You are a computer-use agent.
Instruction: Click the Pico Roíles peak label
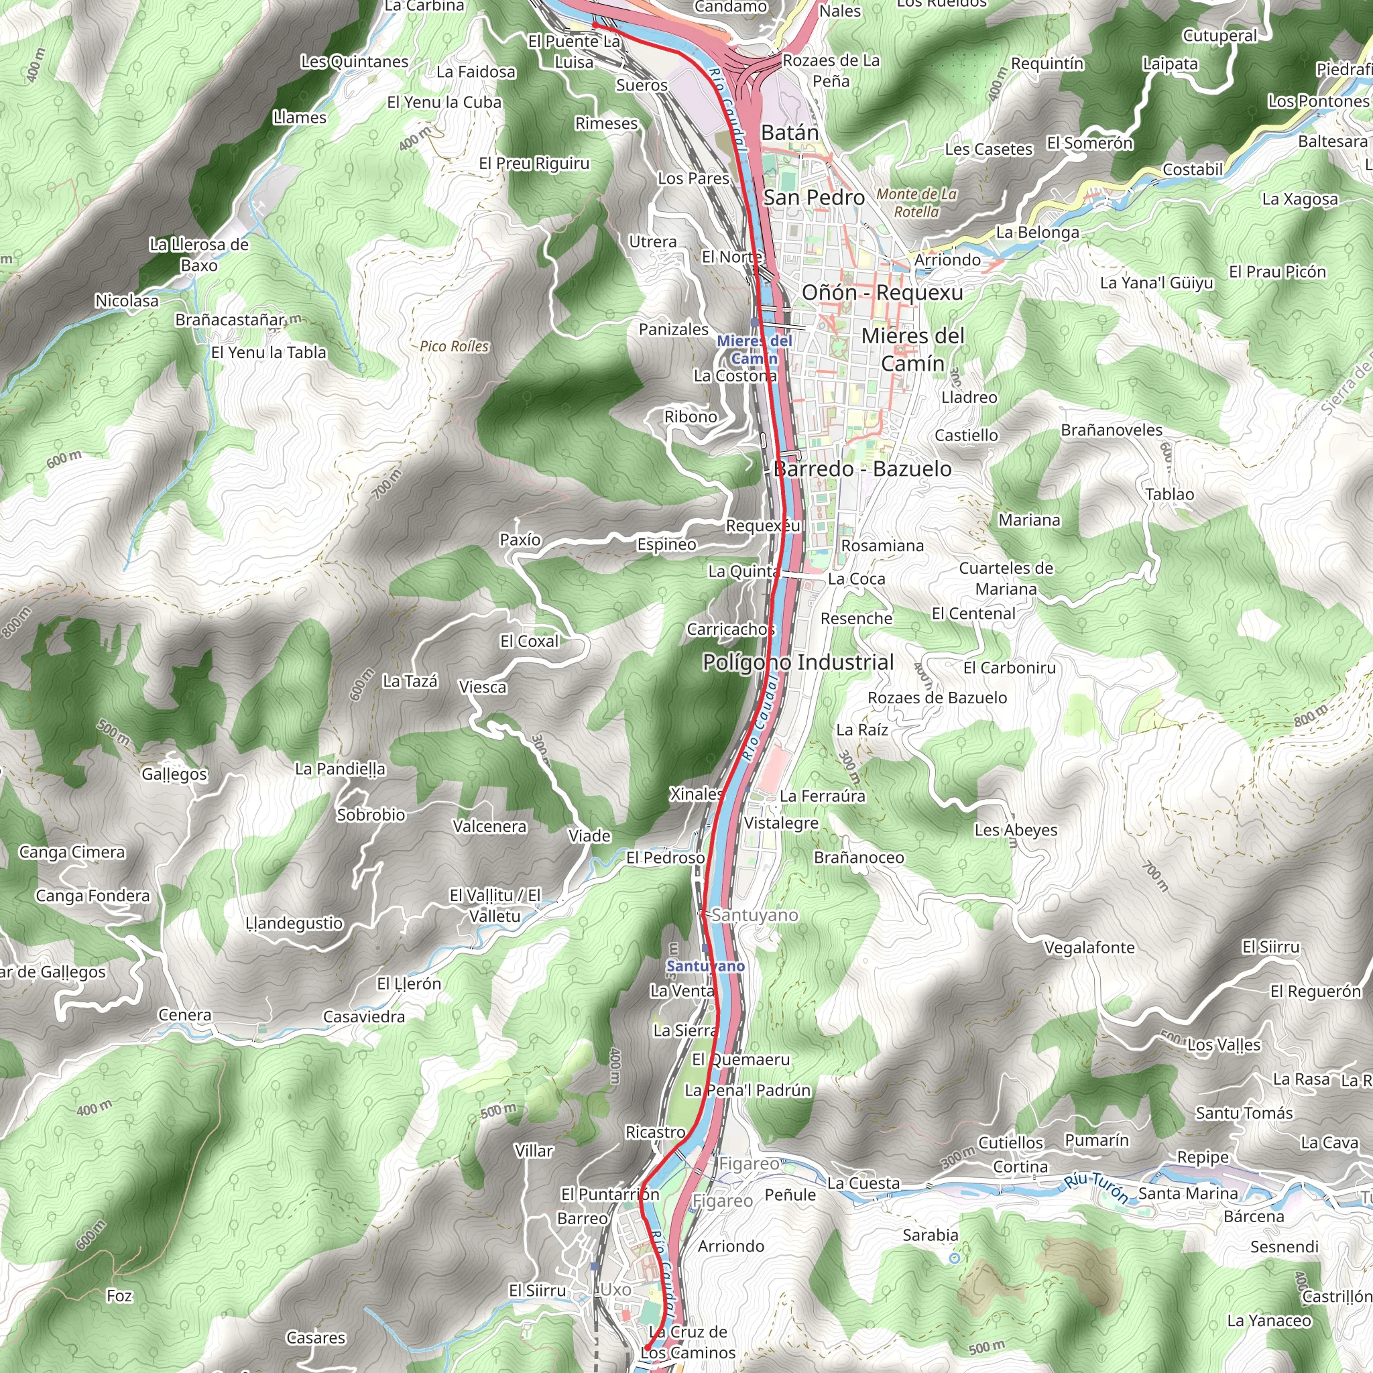point(454,347)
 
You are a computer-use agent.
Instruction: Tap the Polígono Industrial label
point(798,662)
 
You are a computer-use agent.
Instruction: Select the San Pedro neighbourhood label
point(814,198)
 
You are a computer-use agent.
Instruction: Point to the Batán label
point(790,133)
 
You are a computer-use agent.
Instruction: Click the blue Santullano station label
point(705,966)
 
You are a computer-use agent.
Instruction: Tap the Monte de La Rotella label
point(916,202)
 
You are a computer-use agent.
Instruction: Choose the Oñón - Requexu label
point(882,292)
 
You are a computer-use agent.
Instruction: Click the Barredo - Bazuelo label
point(862,469)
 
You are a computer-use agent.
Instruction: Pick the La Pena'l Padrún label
point(747,1090)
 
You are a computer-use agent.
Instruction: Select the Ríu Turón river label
point(1097,1187)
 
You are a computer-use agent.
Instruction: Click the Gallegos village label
point(174,774)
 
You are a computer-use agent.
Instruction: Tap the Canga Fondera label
point(93,896)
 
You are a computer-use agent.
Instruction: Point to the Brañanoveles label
point(1112,430)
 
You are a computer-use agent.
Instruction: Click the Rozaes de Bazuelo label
point(937,698)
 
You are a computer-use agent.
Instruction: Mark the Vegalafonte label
point(1089,947)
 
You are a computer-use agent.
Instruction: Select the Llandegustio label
point(294,923)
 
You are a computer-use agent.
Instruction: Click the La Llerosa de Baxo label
point(199,254)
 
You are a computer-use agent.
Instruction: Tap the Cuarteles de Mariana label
point(1006,579)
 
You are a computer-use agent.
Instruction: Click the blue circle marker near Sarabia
point(955,1258)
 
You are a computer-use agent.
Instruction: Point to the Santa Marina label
point(1187,1193)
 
